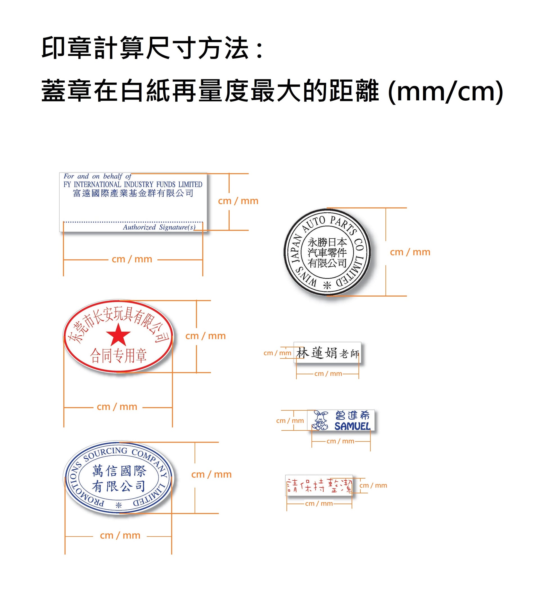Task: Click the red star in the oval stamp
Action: click(x=118, y=335)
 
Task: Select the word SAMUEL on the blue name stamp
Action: click(x=352, y=426)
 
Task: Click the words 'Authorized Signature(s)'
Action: click(x=159, y=227)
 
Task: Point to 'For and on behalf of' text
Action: click(x=97, y=176)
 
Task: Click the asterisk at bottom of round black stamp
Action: click(x=327, y=286)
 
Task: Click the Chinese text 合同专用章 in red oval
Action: click(x=118, y=356)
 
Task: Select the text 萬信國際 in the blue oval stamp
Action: click(x=119, y=471)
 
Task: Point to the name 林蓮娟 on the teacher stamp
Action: click(x=317, y=353)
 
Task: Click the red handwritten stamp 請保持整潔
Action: click(x=319, y=486)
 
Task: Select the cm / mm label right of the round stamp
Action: click(x=410, y=252)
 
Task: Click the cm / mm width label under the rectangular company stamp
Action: click(x=132, y=259)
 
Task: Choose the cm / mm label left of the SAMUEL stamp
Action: click(x=290, y=421)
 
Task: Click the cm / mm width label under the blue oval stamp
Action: click(x=120, y=535)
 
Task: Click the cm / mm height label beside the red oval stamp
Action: click(x=205, y=336)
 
